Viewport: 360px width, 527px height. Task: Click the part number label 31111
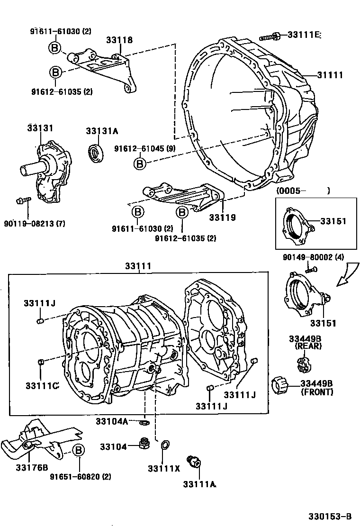point(331,75)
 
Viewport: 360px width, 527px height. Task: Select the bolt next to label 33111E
point(269,36)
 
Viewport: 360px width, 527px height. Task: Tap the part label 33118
point(119,40)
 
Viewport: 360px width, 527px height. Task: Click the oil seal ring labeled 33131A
point(96,153)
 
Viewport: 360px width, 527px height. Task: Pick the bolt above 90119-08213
point(23,200)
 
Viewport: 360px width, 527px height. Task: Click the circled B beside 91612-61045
point(140,164)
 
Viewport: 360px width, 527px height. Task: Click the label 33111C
point(42,386)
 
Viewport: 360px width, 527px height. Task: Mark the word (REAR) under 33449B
point(308,346)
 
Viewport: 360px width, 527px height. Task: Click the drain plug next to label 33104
point(142,445)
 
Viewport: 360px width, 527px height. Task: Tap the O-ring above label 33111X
point(164,445)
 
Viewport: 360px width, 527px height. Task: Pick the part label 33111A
point(199,484)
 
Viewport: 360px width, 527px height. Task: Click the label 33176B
point(32,467)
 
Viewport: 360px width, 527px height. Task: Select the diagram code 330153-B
point(330,515)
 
